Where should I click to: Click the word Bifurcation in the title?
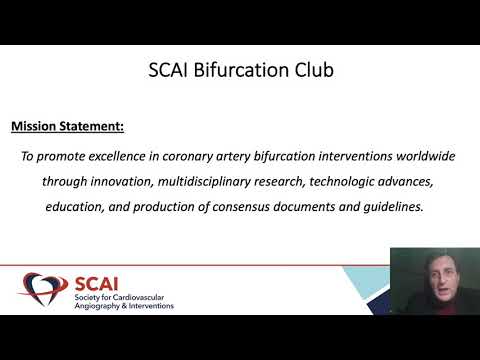(x=237, y=71)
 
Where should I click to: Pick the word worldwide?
(x=424, y=156)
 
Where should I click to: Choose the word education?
(x=80, y=208)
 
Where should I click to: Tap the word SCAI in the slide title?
(x=169, y=71)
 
